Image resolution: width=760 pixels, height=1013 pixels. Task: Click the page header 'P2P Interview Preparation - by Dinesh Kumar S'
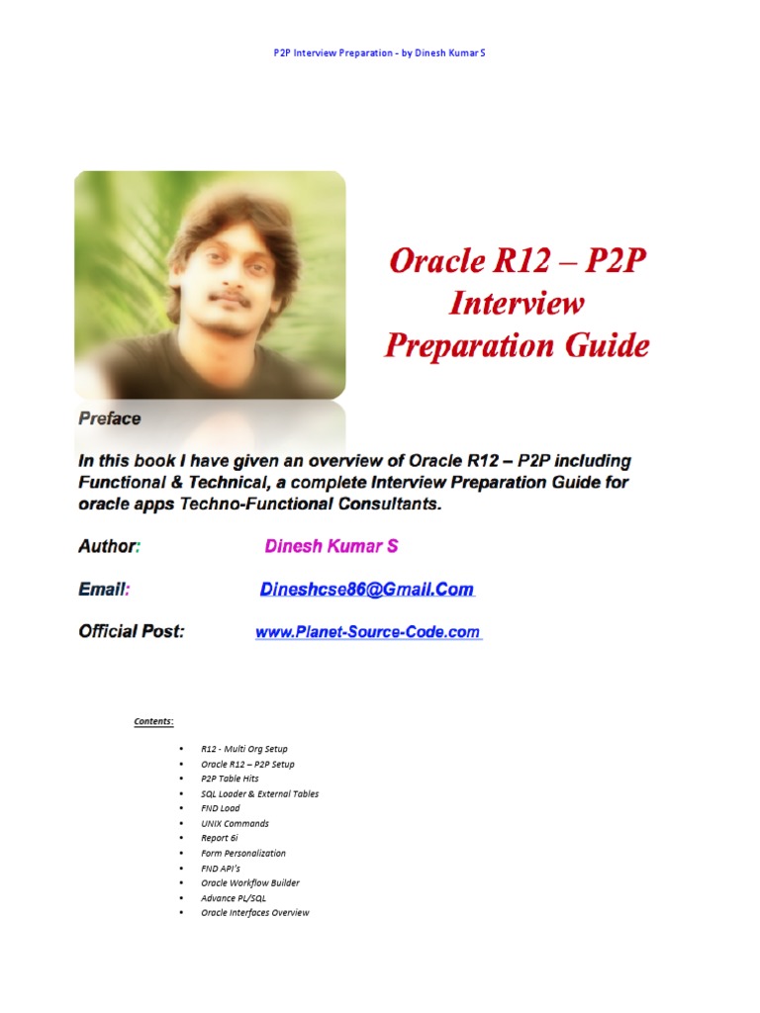(x=379, y=53)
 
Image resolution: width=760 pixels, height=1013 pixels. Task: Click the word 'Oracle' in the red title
(x=437, y=260)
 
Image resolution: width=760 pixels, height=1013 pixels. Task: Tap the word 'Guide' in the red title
(x=607, y=345)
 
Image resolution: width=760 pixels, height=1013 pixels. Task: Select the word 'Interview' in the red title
(x=517, y=303)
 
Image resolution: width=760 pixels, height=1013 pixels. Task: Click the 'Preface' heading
(x=109, y=418)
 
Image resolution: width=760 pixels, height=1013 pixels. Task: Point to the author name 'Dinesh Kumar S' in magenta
(x=331, y=546)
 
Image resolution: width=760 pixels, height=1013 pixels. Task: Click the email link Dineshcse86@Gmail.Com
(x=366, y=590)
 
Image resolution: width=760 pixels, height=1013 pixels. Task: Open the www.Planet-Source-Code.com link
(x=368, y=632)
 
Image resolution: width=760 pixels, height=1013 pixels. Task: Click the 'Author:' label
(x=109, y=546)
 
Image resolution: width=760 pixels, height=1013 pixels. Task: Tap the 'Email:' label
(x=103, y=590)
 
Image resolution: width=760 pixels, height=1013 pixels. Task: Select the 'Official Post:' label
(x=132, y=631)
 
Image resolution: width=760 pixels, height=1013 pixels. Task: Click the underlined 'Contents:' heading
(x=153, y=721)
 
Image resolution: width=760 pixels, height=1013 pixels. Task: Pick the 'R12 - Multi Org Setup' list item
(x=244, y=749)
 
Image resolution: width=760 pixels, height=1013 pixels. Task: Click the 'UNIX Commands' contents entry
(x=235, y=824)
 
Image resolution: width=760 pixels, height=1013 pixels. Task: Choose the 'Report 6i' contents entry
(x=219, y=838)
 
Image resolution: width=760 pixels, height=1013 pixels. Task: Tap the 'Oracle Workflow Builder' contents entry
(x=250, y=882)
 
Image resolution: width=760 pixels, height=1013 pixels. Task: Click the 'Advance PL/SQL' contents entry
(x=234, y=898)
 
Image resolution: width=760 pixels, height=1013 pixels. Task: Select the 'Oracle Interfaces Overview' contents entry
(x=254, y=913)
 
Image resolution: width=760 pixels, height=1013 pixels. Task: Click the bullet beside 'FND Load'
(x=181, y=808)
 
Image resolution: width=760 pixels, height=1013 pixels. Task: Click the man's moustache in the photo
(x=230, y=299)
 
